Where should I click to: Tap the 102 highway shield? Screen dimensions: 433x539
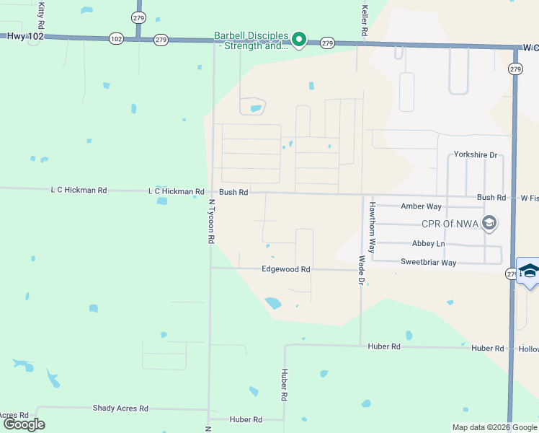[116, 38]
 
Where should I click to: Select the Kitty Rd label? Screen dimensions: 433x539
[41, 11]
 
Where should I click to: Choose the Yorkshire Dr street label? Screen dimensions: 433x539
[476, 155]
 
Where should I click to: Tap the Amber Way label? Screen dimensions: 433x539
[420, 206]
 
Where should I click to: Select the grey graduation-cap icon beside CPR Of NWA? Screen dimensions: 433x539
[490, 222]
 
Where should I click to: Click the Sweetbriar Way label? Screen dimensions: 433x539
[428, 263]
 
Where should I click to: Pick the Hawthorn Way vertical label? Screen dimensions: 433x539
[373, 225]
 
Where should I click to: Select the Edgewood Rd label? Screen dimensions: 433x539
[285, 269]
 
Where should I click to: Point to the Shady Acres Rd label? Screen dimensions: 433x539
[120, 408]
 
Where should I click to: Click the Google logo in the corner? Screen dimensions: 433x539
[24, 424]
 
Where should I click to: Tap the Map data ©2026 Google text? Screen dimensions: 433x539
[494, 427]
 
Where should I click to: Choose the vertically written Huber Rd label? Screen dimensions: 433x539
[284, 385]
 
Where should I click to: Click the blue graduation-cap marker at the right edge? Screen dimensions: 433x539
[529, 271]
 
